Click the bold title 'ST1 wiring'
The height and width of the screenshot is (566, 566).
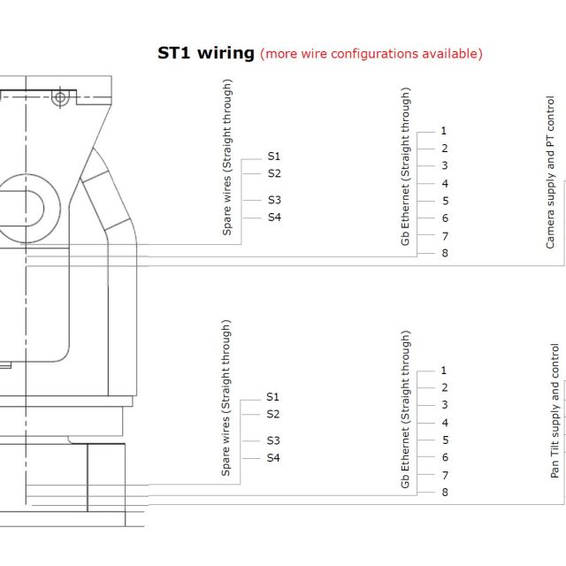point(206,53)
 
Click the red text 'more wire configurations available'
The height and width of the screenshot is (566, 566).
point(371,54)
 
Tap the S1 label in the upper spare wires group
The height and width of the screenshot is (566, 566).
point(274,157)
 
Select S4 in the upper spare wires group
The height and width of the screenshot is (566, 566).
point(274,218)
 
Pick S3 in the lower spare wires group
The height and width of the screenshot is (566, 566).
point(273,440)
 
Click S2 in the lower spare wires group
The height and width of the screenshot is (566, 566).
point(273,414)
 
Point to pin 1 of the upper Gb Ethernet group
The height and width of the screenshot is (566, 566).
point(444,131)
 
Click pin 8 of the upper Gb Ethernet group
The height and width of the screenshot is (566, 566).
point(445,253)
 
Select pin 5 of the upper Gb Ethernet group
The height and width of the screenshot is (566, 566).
point(446,201)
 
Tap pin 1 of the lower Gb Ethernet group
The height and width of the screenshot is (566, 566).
point(444,371)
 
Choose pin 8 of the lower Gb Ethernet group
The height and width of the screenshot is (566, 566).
point(445,493)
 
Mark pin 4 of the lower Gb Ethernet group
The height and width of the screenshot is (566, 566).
point(445,423)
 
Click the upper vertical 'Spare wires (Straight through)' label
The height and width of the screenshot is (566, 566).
point(227,157)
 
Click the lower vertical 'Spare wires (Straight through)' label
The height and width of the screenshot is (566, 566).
point(226,398)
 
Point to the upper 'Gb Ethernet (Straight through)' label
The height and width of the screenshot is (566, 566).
point(405,167)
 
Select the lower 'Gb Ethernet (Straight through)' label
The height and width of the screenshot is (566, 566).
point(405,409)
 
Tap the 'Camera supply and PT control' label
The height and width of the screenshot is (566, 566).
point(550,172)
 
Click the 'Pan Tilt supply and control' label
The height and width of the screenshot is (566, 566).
point(555,411)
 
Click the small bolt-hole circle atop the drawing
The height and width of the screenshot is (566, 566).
point(60,97)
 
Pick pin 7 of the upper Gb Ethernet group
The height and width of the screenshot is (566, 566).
point(445,236)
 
